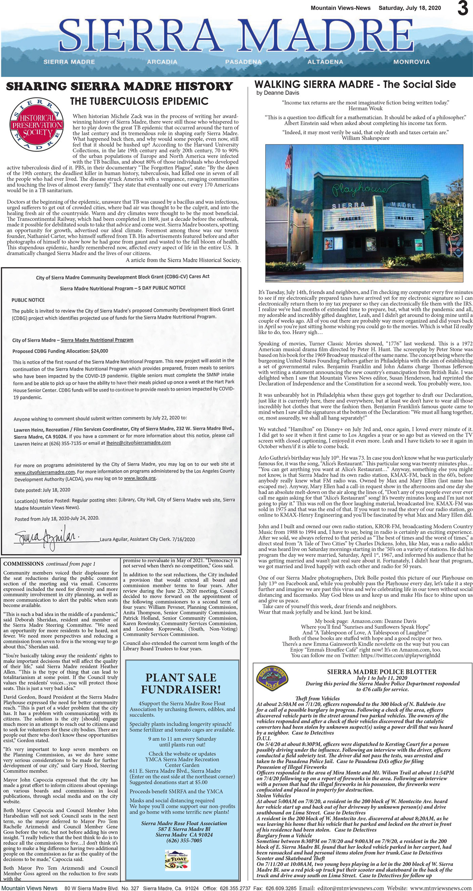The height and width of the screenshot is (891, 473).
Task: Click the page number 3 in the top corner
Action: (463, 9)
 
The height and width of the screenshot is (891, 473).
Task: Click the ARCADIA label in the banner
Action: (162, 62)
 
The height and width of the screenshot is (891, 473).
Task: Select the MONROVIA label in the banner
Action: (412, 62)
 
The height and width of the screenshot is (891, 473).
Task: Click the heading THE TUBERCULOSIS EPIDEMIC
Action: (139, 101)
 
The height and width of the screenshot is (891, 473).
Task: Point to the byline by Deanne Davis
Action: (277, 93)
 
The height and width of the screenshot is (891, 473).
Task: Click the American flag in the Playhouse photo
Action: (288, 160)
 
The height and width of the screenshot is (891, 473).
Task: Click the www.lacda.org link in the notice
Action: (140, 478)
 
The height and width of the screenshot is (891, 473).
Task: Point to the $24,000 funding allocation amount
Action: (99, 351)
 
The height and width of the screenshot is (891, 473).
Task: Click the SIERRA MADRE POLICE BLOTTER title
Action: (382, 672)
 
